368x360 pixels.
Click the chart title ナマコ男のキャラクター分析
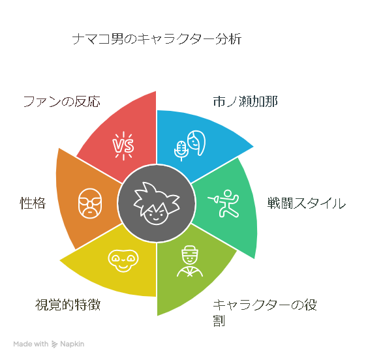click(157, 39)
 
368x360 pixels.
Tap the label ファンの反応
click(62, 102)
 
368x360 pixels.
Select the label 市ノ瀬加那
click(245, 102)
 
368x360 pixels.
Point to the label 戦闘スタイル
click(307, 203)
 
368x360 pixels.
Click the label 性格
click(33, 203)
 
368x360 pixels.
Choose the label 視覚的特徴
click(68, 305)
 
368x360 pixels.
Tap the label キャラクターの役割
click(265, 312)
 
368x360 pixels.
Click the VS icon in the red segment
click(123, 145)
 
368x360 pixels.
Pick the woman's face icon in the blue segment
click(196, 143)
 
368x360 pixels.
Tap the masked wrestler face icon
click(90, 203)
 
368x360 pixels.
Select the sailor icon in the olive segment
click(190, 261)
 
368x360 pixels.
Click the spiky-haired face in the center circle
click(157, 203)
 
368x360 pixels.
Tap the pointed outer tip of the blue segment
click(253, 147)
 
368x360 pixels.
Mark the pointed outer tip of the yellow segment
click(60, 260)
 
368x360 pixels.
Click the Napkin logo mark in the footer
click(54, 344)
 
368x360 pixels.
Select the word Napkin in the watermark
click(72, 344)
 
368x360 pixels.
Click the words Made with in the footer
click(31, 344)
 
